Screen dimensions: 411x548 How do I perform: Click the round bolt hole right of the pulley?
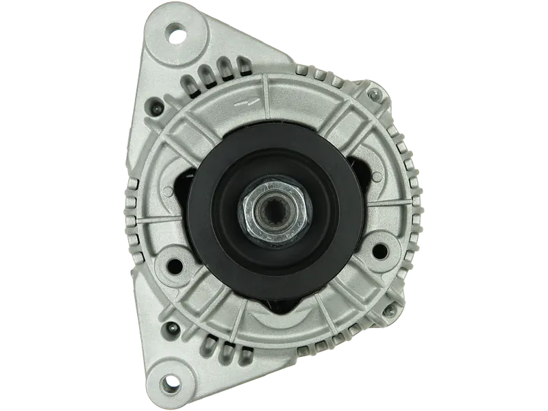pos(380,248)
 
